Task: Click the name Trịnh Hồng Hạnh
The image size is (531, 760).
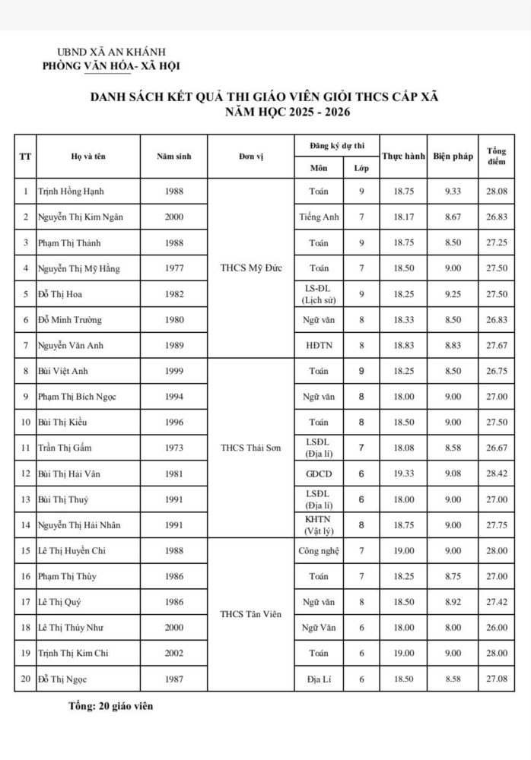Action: pyautogui.click(x=72, y=192)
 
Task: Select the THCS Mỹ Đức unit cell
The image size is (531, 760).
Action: pyautogui.click(x=250, y=268)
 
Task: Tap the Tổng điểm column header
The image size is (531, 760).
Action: pyautogui.click(x=497, y=157)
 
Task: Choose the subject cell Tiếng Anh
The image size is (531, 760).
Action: pyautogui.click(x=320, y=217)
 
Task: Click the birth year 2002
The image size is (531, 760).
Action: pyautogui.click(x=173, y=653)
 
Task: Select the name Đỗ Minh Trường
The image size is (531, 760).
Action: pyautogui.click(x=70, y=320)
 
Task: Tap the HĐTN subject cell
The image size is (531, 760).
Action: pyautogui.click(x=320, y=346)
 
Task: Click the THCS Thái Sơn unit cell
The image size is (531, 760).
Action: pyautogui.click(x=250, y=448)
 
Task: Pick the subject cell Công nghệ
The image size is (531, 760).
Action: pyautogui.click(x=320, y=551)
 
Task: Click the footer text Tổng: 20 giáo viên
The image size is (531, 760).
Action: pyautogui.click(x=111, y=706)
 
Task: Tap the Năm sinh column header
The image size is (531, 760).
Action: pyautogui.click(x=173, y=157)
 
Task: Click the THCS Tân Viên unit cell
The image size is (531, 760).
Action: pyautogui.click(x=250, y=614)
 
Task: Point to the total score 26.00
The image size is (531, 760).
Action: pyautogui.click(x=497, y=628)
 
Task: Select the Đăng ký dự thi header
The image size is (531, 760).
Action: pyautogui.click(x=337, y=144)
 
